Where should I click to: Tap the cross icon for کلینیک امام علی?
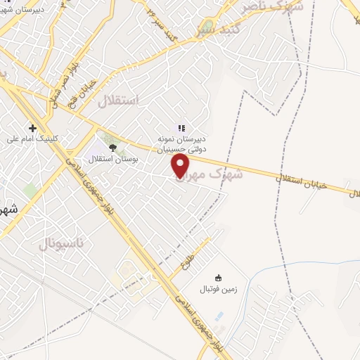(32, 128)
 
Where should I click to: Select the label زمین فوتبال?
(218, 289)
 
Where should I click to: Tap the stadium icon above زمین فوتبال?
(218, 277)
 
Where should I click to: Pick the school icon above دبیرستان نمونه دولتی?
(181, 129)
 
